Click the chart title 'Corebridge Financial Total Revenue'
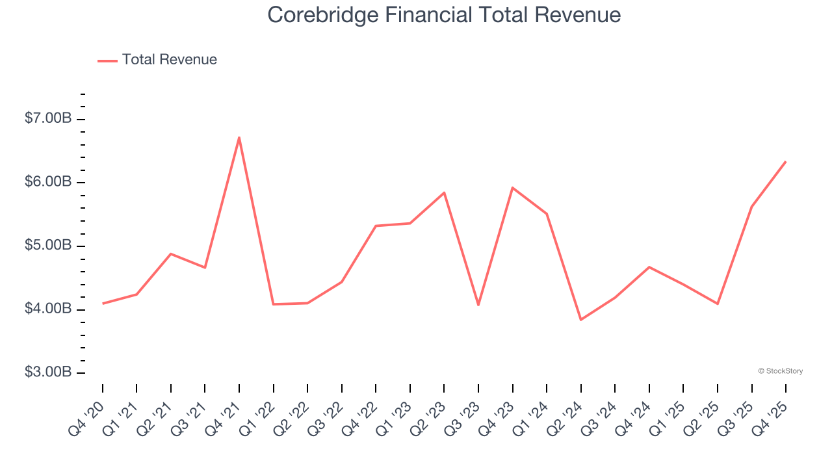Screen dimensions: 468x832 pyautogui.click(x=444, y=15)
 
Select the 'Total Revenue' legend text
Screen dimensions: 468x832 pyautogui.click(x=169, y=60)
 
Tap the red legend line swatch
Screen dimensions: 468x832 pyautogui.click(x=107, y=60)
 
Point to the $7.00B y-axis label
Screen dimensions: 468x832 pyautogui.click(x=48, y=119)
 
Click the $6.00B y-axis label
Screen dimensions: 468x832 pyautogui.click(x=48, y=182)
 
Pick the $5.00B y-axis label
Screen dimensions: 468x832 pyautogui.click(x=48, y=246)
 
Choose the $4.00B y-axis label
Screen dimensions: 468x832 pyautogui.click(x=48, y=309)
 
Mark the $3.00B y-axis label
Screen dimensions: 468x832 pyautogui.click(x=48, y=372)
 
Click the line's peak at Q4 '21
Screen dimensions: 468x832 pyautogui.click(x=239, y=137)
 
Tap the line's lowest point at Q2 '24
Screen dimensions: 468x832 pyautogui.click(x=580, y=320)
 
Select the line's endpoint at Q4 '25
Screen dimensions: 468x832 pyautogui.click(x=786, y=161)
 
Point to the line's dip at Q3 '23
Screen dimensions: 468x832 pyautogui.click(x=478, y=305)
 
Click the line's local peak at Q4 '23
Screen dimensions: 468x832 pyautogui.click(x=512, y=188)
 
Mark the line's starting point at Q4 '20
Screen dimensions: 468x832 pyautogui.click(x=103, y=304)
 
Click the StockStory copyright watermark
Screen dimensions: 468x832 pyautogui.click(x=780, y=371)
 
